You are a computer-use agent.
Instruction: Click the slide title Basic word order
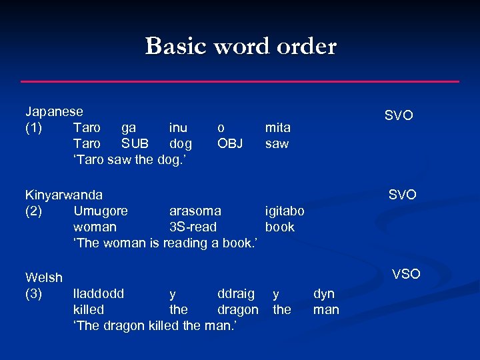[241, 46]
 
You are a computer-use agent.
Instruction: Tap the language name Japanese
[54, 111]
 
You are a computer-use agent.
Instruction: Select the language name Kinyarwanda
[64, 195]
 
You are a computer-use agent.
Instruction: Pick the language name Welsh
[44, 277]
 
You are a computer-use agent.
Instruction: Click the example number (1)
[35, 127]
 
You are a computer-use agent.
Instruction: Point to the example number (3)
[35, 293]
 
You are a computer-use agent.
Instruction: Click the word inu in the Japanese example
[178, 127]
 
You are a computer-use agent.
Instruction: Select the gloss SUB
[135, 143]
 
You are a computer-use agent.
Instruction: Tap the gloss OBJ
[230, 143]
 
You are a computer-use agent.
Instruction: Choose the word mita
[278, 127]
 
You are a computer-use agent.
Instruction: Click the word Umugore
[101, 211]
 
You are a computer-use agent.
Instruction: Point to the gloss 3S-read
[193, 227]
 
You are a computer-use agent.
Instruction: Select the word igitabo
[285, 211]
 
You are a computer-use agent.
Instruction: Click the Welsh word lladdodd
[99, 293]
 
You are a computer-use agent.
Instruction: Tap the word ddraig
[236, 293]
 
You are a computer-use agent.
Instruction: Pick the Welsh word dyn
[324, 293]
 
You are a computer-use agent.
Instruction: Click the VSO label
[406, 273]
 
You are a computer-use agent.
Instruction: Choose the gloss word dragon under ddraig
[238, 309]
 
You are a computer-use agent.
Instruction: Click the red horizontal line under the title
[240, 81]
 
